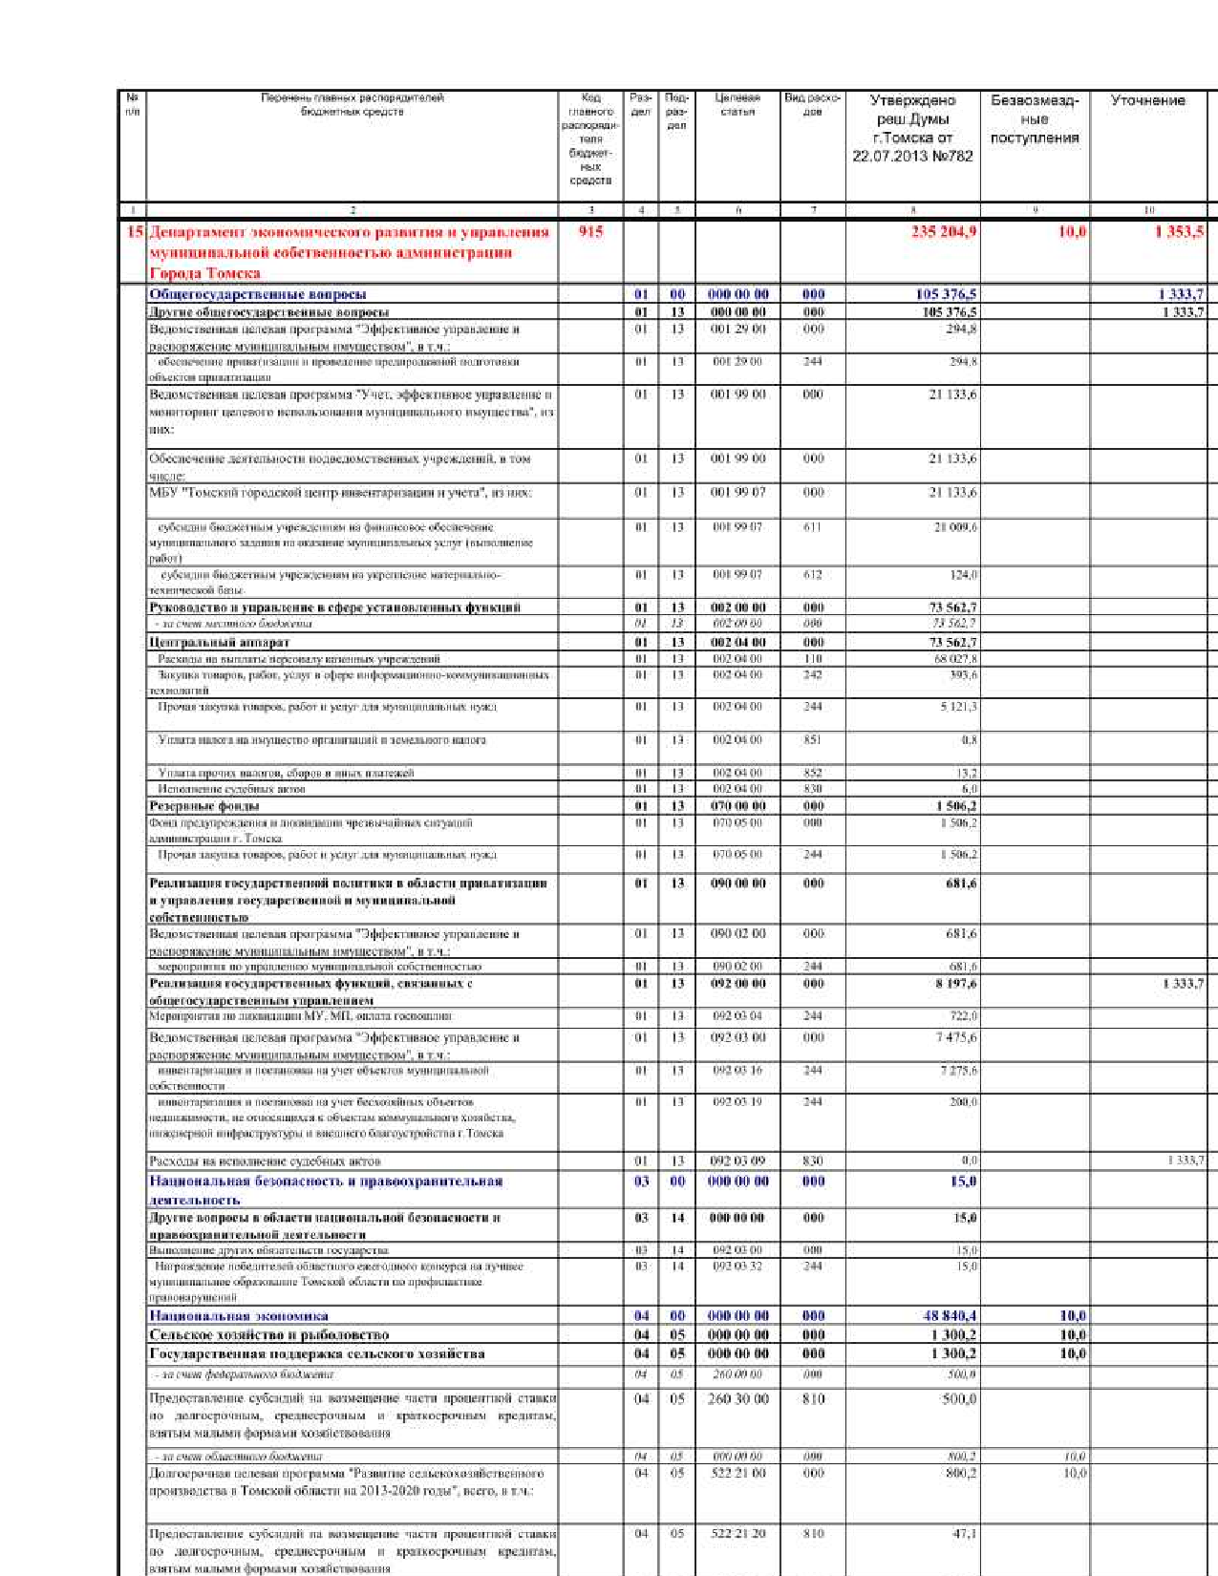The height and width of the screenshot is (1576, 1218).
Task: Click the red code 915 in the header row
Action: tap(590, 231)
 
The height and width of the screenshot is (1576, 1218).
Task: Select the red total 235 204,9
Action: tap(943, 231)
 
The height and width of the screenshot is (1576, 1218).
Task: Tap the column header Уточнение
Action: tap(1147, 100)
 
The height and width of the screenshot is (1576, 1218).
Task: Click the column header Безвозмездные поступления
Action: tap(1035, 118)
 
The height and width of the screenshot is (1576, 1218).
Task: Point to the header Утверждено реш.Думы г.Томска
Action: tap(912, 128)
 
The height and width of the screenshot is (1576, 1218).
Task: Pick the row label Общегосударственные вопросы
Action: tap(258, 294)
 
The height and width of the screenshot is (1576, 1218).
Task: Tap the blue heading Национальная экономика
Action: tap(239, 1315)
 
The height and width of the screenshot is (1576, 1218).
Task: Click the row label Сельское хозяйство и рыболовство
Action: tap(269, 1334)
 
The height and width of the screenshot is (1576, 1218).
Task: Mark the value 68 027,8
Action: tap(955, 658)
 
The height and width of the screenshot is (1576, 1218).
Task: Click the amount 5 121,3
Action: tap(957, 707)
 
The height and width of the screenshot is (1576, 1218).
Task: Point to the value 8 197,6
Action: tap(956, 983)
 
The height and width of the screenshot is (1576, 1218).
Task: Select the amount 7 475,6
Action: tap(956, 1037)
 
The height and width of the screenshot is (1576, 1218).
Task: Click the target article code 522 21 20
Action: tap(737, 1533)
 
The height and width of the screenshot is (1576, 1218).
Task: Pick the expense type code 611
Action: tap(812, 526)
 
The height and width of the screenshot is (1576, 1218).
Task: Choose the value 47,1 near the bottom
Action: tap(964, 1533)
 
